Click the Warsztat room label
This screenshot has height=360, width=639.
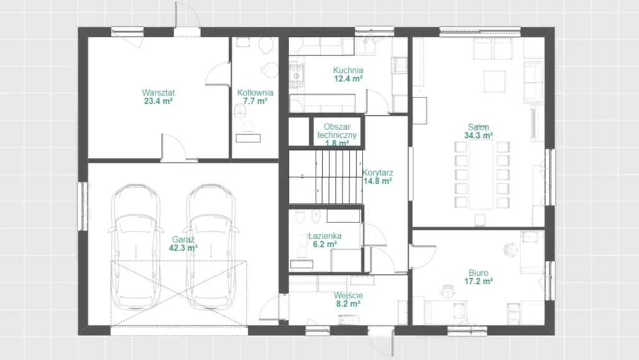[x=158, y=92]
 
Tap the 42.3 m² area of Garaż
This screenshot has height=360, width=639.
[x=183, y=248]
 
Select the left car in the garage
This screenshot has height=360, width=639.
[x=135, y=246]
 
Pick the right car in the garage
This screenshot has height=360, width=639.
[x=210, y=246]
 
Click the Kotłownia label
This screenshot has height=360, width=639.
[x=255, y=92]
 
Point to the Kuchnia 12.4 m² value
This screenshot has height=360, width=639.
[x=348, y=79]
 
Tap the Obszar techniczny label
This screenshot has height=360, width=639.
[x=337, y=131]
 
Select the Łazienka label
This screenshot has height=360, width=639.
[x=324, y=236]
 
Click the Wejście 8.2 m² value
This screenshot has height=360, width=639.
[x=348, y=304]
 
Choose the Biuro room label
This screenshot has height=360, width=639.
[x=479, y=273]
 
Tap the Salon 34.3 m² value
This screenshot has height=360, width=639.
[x=479, y=135]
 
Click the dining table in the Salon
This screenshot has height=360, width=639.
[x=482, y=175]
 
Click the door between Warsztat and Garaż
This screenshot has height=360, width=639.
[x=173, y=147]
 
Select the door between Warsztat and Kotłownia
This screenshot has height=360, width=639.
[x=218, y=74]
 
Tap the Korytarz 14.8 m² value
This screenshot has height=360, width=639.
[x=378, y=181]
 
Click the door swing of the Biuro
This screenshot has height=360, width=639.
[x=422, y=256]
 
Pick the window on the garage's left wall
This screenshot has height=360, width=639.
[x=83, y=206]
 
